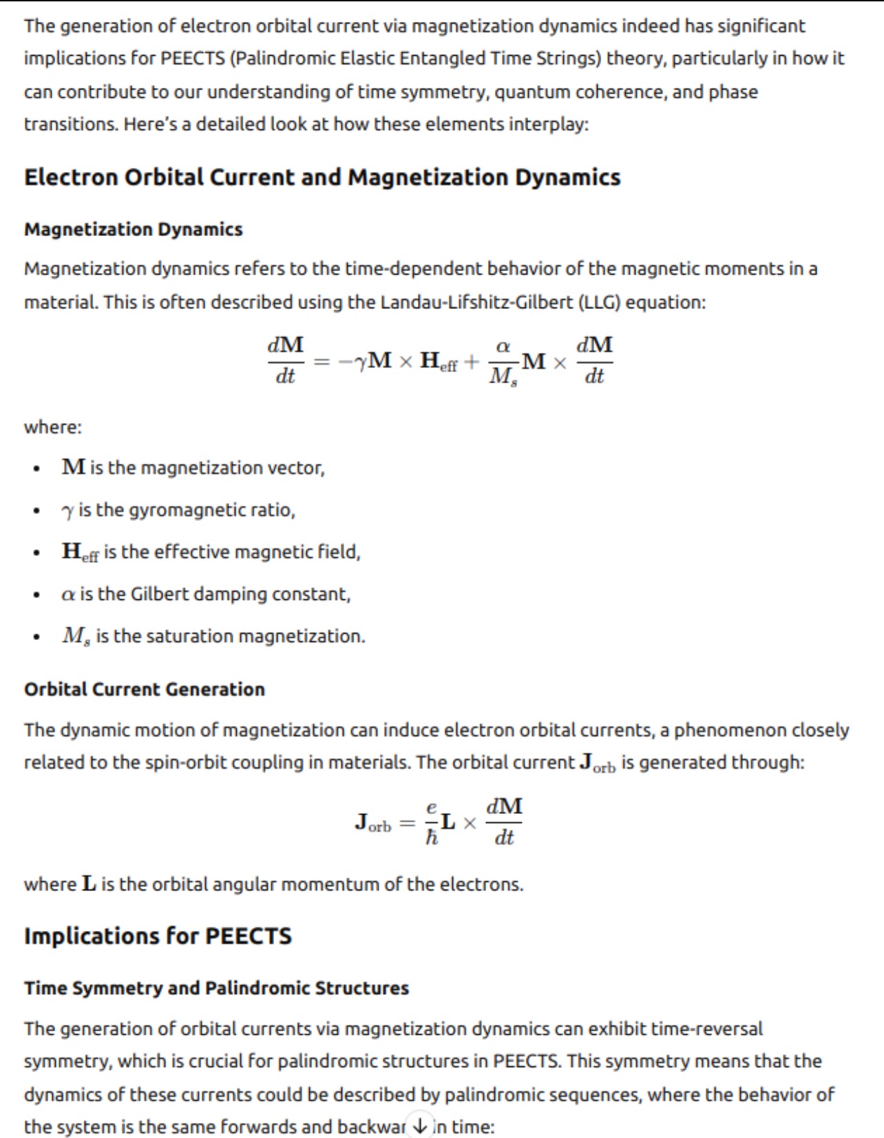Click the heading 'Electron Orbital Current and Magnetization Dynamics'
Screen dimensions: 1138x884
[x=322, y=178]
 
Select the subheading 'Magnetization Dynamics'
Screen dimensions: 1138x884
[x=134, y=229]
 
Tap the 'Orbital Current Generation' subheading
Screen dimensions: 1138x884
[x=145, y=689]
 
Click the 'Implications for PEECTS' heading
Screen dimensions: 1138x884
[x=158, y=936]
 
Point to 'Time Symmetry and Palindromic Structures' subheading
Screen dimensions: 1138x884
[x=216, y=988]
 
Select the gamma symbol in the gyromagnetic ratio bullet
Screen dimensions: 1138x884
[x=67, y=511]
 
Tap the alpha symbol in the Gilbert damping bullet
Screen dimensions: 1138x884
[x=67, y=594]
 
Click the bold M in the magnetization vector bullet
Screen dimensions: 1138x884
[x=74, y=468]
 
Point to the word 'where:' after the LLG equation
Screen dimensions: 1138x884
[x=53, y=427]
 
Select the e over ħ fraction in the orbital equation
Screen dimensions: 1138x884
[x=432, y=822]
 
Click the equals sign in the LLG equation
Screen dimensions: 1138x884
[x=322, y=361]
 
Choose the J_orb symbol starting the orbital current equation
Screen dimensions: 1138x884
[x=372, y=823]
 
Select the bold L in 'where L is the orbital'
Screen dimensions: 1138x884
[x=89, y=884]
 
